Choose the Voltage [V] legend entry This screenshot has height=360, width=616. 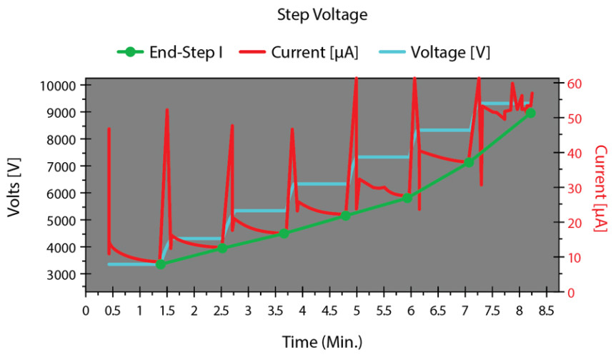click(x=438, y=52)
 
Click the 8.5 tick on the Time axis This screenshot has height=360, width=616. click(x=547, y=310)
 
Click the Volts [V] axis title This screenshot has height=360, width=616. click(x=16, y=188)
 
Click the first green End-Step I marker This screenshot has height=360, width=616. click(x=160, y=264)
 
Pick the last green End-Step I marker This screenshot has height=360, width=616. click(x=530, y=113)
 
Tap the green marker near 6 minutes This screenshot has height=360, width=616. click(x=407, y=198)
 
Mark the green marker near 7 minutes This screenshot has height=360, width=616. click(x=469, y=163)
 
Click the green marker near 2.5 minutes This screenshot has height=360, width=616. click(x=222, y=248)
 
